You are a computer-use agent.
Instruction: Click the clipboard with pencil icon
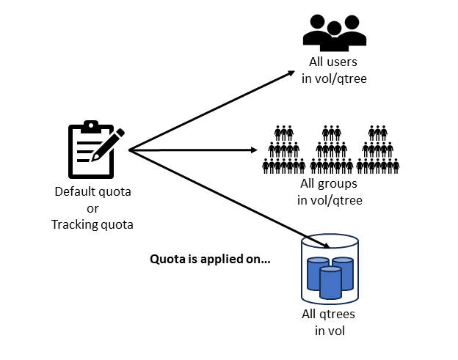pyautogui.click(x=93, y=150)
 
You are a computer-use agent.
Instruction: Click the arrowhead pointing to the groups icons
pyautogui.click(x=253, y=150)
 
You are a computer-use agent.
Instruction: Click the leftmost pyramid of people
pyautogui.click(x=283, y=150)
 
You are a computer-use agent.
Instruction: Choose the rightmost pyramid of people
pyautogui.click(x=377, y=150)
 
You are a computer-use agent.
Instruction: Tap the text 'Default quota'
pyautogui.click(x=92, y=193)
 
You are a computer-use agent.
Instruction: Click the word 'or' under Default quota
pyautogui.click(x=92, y=208)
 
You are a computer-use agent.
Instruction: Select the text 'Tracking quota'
pyautogui.click(x=92, y=224)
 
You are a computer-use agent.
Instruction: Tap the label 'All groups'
pyautogui.click(x=330, y=184)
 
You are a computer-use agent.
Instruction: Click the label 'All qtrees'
pyautogui.click(x=330, y=315)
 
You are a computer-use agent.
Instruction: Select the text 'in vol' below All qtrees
pyautogui.click(x=330, y=331)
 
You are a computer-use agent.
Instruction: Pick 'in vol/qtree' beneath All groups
pyautogui.click(x=330, y=200)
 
